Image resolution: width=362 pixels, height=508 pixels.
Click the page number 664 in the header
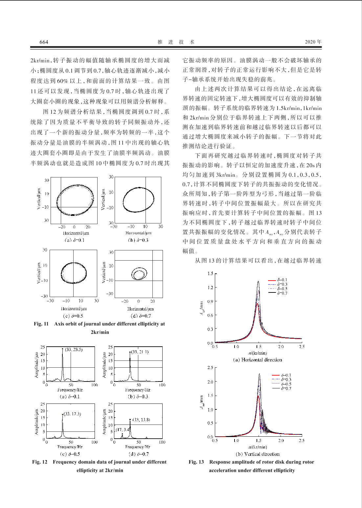[44, 42]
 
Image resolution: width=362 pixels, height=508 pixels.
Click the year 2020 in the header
[310, 42]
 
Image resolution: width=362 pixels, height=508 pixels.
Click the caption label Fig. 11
[41, 324]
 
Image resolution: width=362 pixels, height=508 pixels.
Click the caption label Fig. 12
[40, 462]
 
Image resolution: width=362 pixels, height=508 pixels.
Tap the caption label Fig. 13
[196, 462]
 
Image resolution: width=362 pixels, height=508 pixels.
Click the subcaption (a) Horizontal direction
[258, 360]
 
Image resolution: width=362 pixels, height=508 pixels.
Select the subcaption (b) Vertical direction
[258, 454]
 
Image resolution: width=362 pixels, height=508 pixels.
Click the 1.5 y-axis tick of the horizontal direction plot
[210, 273]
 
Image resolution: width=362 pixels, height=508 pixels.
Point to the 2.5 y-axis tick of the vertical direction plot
[210, 368]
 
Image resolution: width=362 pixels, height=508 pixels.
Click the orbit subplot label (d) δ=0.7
[141, 316]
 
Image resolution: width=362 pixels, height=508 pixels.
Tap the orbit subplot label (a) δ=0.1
[74, 240]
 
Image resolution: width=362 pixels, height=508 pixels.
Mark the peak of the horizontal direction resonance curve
[258, 281]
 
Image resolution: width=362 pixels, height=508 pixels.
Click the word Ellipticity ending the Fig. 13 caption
[284, 471]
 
